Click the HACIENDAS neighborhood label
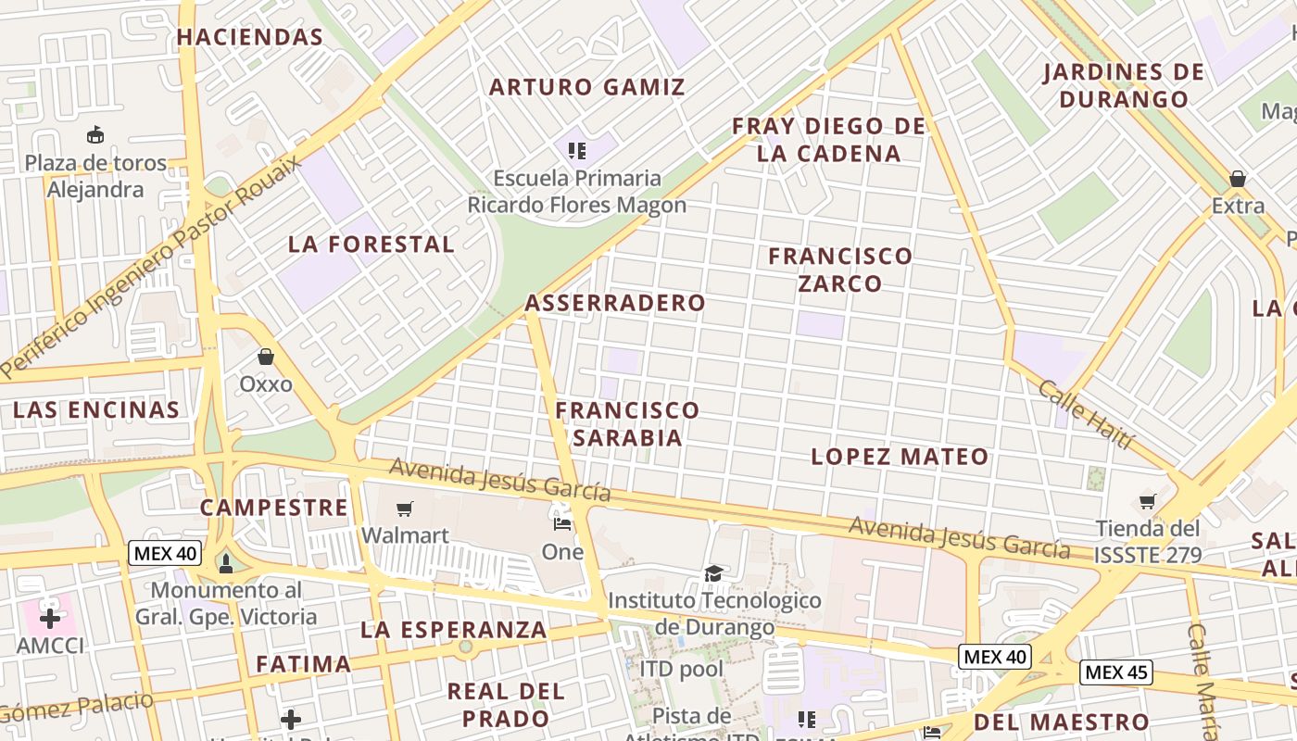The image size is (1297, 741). coord(249,37)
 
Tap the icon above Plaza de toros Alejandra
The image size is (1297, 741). coord(95,135)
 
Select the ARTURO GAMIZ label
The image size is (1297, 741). coord(587,87)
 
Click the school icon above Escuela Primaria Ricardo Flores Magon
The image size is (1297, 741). coord(577,150)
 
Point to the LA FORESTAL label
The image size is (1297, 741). coord(371,245)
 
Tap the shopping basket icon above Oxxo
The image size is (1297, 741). coord(266,357)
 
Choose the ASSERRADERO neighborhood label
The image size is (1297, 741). coord(615,303)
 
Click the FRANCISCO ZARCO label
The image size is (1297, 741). coord(840,269)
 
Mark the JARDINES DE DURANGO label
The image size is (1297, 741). coord(1123,85)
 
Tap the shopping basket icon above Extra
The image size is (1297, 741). coord(1238,179)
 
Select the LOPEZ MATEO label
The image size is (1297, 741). coord(900,457)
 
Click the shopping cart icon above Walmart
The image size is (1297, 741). coord(404,509)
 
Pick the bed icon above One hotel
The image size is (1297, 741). coord(562,523)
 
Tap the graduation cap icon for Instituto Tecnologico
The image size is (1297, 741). coord(713,574)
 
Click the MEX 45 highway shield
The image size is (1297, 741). coord(1116,672)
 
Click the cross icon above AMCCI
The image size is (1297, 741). coord(50,618)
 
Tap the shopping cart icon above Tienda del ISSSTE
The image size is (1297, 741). coord(1148,502)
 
